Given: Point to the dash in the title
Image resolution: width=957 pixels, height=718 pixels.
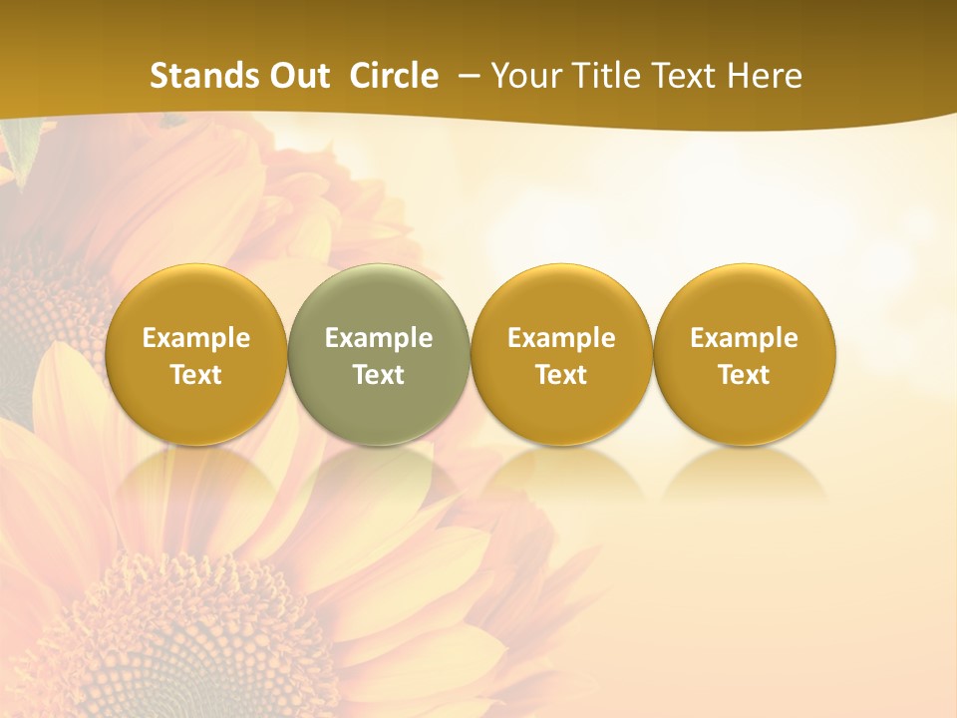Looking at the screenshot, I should tap(466, 77).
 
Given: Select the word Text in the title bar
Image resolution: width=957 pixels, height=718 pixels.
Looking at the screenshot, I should tap(681, 76).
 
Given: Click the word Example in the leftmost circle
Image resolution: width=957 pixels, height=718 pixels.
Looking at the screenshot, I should tap(196, 338).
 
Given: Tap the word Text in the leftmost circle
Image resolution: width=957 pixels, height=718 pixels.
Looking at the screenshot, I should tap(196, 375).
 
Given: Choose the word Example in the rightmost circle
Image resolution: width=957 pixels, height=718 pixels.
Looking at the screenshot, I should tap(744, 338).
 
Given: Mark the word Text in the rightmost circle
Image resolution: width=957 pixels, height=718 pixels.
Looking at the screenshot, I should tap(744, 375).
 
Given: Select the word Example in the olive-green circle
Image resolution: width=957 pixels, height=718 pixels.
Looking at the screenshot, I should tap(379, 338).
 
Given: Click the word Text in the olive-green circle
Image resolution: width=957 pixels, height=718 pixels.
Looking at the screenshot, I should tap(379, 375).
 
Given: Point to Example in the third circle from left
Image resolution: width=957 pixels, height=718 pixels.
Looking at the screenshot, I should tap(561, 338).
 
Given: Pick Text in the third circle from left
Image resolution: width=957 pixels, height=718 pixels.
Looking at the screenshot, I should tap(561, 375).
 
